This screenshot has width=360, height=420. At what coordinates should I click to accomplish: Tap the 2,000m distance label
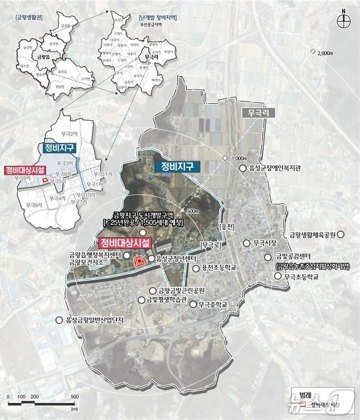(327, 53)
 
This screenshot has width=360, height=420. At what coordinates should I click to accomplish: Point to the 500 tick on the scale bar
(74, 397)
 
